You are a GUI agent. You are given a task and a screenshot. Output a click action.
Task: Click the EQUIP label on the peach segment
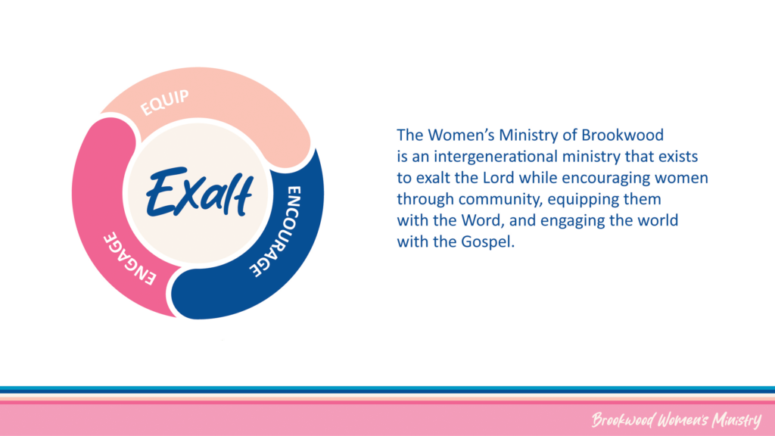pyautogui.click(x=164, y=102)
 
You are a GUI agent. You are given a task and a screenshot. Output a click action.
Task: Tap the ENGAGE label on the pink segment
pyautogui.click(x=129, y=258)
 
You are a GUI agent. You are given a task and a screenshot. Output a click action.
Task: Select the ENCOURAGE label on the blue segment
pyautogui.click(x=282, y=231)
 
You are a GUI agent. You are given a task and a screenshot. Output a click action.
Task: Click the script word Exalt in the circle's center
pyautogui.click(x=199, y=193)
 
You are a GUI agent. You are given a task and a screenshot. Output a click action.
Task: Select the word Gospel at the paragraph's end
pyautogui.click(x=487, y=242)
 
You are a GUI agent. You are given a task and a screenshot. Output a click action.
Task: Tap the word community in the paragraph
pyautogui.click(x=501, y=199)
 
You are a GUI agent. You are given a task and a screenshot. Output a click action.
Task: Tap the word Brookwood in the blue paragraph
pyautogui.click(x=622, y=135)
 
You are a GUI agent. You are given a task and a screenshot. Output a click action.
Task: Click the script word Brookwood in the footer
pyautogui.click(x=624, y=420)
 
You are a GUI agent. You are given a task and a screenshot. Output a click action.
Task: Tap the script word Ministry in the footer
pyautogui.click(x=736, y=420)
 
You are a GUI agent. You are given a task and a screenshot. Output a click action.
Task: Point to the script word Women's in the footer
pyautogui.click(x=683, y=420)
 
